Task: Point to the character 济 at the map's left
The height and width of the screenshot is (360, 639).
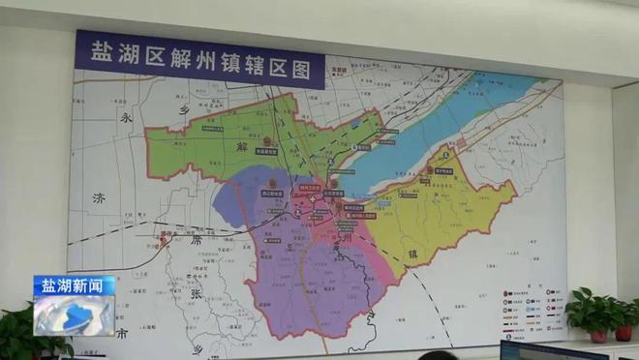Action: (x=98, y=199)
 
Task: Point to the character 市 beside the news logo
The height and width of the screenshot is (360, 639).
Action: (x=123, y=335)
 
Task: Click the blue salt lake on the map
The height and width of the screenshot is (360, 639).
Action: (x=436, y=135)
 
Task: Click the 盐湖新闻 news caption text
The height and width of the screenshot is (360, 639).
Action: (x=74, y=286)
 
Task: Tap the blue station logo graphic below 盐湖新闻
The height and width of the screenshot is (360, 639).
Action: (x=74, y=316)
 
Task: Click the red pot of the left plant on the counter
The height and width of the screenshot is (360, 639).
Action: (x=598, y=336)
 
